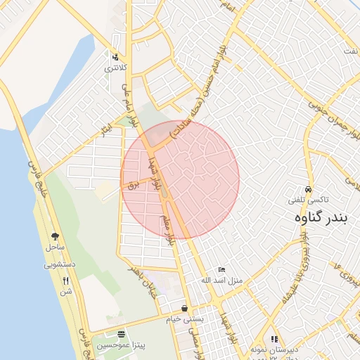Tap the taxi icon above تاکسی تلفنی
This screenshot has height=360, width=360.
click(308, 189)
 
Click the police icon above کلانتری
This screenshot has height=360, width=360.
click(115, 57)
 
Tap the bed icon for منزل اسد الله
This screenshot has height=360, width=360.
click(221, 269)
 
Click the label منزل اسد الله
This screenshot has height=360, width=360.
click(221, 281)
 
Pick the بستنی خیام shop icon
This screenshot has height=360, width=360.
click(184, 308)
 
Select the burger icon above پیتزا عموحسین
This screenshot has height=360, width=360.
click(122, 334)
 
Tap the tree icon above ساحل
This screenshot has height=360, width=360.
click(55, 237)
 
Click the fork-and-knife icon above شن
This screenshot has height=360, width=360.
click(65, 280)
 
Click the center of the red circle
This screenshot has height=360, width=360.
click(180, 179)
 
